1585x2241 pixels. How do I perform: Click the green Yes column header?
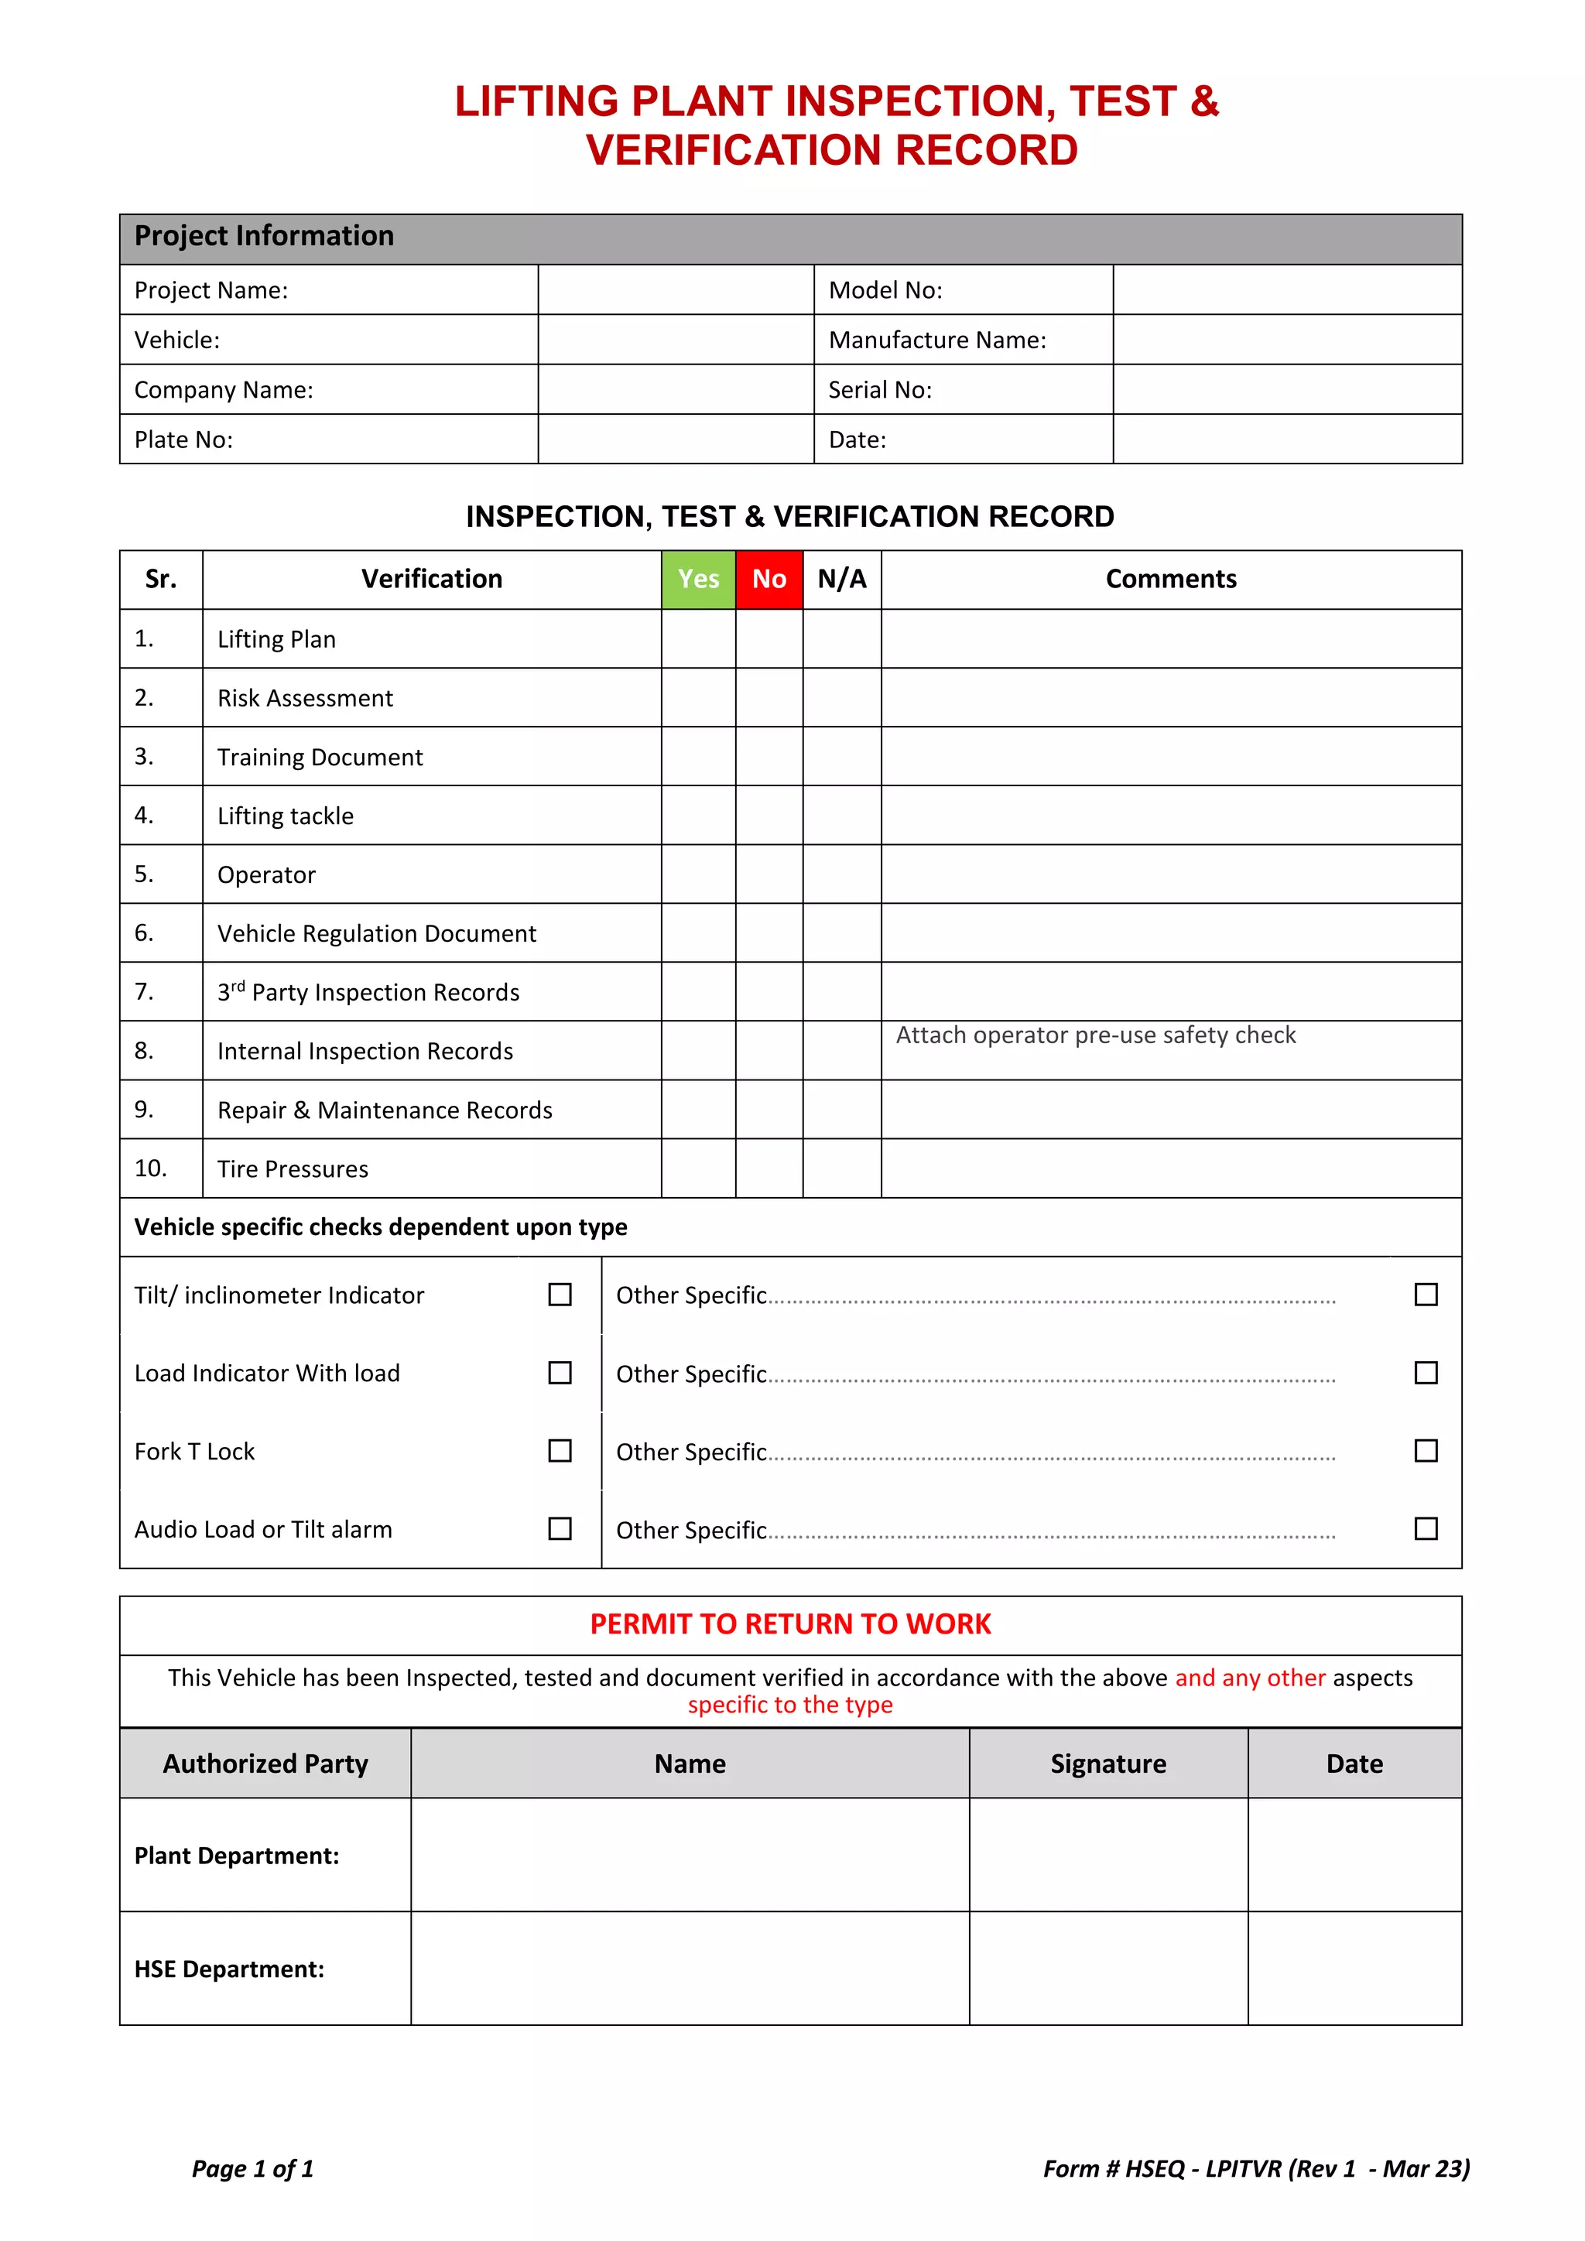[698, 580]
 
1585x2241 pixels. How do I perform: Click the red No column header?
[769, 580]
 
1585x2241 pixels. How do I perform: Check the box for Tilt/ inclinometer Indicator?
[560, 1295]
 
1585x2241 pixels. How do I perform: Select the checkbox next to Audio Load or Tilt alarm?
[560, 1528]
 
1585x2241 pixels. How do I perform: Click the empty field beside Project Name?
[676, 290]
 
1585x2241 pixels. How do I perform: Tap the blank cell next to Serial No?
[1286, 389]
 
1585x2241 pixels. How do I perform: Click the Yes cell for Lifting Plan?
[698, 639]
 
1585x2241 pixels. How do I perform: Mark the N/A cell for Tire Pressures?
[841, 1168]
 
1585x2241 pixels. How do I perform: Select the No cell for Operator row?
[769, 874]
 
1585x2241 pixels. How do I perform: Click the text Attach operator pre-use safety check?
[1095, 1035]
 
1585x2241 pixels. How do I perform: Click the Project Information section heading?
[265, 236]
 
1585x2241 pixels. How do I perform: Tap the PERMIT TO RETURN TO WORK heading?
[790, 1624]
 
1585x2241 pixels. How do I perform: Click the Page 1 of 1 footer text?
[253, 2169]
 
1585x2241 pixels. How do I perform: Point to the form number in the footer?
[1255, 2169]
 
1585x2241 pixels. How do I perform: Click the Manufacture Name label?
[937, 340]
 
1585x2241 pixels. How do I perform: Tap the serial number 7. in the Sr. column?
[145, 992]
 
